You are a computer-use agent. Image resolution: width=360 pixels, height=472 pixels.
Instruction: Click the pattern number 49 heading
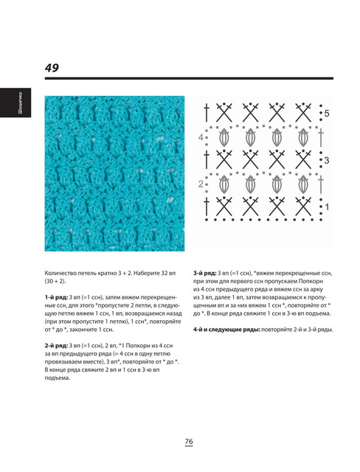[52, 68]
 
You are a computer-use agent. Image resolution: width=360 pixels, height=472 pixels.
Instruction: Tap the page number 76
[189, 442]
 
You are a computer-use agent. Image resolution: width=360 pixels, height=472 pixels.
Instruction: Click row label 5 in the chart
[327, 114]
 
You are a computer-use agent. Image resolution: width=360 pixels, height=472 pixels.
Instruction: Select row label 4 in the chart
[201, 138]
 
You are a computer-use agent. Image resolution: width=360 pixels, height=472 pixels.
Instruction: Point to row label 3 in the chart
[327, 161]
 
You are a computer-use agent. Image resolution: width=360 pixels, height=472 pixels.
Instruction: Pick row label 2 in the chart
[201, 184]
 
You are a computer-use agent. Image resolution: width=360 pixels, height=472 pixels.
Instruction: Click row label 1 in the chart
[328, 207]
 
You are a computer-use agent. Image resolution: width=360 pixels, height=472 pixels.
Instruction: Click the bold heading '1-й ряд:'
[56, 297]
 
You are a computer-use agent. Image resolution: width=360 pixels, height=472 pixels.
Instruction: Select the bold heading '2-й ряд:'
[56, 346]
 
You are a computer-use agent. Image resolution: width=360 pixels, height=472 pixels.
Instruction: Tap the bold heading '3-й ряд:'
[205, 274]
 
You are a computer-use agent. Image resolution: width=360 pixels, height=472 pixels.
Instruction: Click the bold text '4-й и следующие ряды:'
[226, 330]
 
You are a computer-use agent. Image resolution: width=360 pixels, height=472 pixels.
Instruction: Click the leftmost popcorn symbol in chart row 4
[224, 137]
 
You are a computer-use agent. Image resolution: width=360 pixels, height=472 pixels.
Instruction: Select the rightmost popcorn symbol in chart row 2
[303, 184]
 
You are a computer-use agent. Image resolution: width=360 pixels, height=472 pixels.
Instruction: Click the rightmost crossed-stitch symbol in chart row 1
[303, 206]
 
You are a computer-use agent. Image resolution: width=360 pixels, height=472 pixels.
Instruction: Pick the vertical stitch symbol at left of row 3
[207, 159]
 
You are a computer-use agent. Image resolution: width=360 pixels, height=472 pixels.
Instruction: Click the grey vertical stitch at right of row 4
[321, 137]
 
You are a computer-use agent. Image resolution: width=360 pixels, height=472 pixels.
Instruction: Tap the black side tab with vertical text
[15, 103]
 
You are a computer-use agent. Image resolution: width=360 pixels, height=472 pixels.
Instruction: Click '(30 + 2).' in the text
[55, 282]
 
